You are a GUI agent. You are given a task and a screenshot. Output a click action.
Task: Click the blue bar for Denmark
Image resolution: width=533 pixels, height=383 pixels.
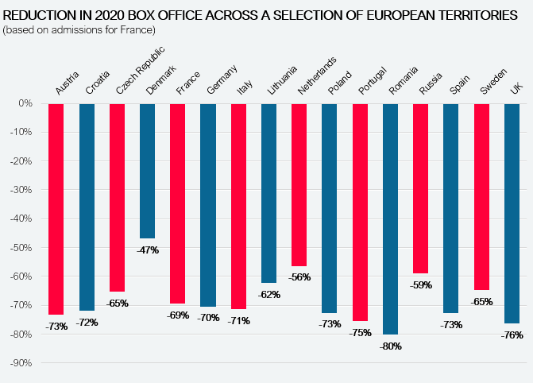147,170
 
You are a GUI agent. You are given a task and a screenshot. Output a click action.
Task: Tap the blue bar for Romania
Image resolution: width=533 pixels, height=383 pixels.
390,219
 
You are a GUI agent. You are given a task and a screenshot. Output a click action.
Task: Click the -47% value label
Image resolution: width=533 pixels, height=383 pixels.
147,250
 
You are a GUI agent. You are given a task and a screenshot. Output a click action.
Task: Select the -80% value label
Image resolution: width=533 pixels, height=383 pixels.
390,346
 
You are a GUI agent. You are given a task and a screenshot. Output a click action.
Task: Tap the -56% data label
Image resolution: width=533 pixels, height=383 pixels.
299,277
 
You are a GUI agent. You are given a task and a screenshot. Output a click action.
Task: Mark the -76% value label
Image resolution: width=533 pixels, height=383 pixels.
512,335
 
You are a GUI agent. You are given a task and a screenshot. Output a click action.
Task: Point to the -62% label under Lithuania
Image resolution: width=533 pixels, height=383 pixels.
269,295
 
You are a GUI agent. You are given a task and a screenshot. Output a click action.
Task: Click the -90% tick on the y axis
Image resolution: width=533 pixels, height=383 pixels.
21,363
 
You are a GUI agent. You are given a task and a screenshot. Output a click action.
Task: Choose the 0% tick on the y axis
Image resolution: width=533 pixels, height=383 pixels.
25,103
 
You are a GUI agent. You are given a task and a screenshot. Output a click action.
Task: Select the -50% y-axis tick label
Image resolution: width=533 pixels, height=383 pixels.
21,248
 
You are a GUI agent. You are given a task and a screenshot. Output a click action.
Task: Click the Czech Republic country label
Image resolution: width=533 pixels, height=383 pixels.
129,72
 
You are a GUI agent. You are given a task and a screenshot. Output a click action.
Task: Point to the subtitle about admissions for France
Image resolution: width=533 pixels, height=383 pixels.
79,29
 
